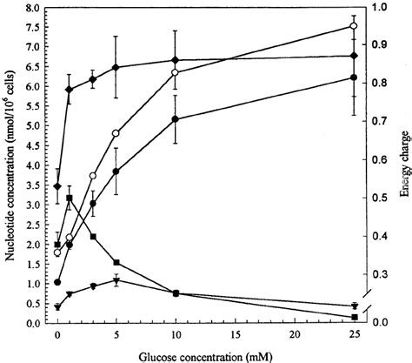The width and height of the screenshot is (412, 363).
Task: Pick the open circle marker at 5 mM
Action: (x=116, y=133)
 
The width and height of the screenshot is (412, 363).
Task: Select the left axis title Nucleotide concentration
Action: (x=9, y=165)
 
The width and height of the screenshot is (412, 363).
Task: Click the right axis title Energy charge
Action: (x=404, y=165)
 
